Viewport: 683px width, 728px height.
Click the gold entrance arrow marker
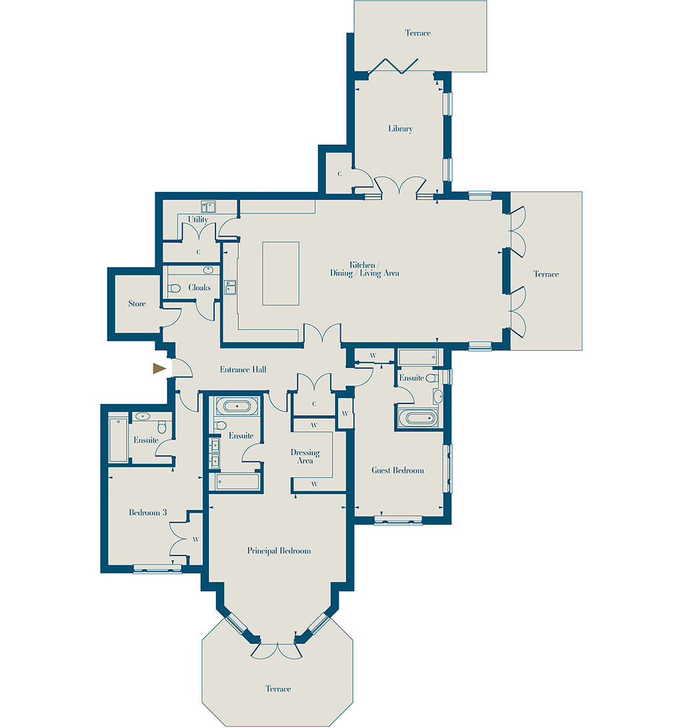point(159,369)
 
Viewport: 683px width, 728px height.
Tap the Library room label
point(400,129)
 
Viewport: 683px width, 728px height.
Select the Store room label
point(137,303)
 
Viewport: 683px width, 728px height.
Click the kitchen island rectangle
point(281,273)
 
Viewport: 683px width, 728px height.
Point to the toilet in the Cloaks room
point(174,288)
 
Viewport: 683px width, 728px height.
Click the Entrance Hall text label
point(243,369)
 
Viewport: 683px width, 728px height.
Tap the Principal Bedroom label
point(279,551)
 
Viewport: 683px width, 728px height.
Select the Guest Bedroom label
point(398,470)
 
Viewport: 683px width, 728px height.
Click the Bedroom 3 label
point(148,513)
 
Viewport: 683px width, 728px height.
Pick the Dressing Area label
point(305,457)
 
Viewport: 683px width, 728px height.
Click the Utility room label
point(198,219)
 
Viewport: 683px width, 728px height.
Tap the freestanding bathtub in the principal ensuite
point(237,407)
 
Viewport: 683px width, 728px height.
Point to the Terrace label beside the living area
point(546,274)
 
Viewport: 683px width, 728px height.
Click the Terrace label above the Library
point(418,33)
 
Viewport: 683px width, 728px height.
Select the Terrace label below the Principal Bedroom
point(278,689)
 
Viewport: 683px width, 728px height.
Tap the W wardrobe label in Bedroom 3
point(195,539)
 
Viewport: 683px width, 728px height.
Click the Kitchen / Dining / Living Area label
point(365,269)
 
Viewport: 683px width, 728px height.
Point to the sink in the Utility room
point(207,206)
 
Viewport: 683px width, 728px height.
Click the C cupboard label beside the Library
point(339,174)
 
